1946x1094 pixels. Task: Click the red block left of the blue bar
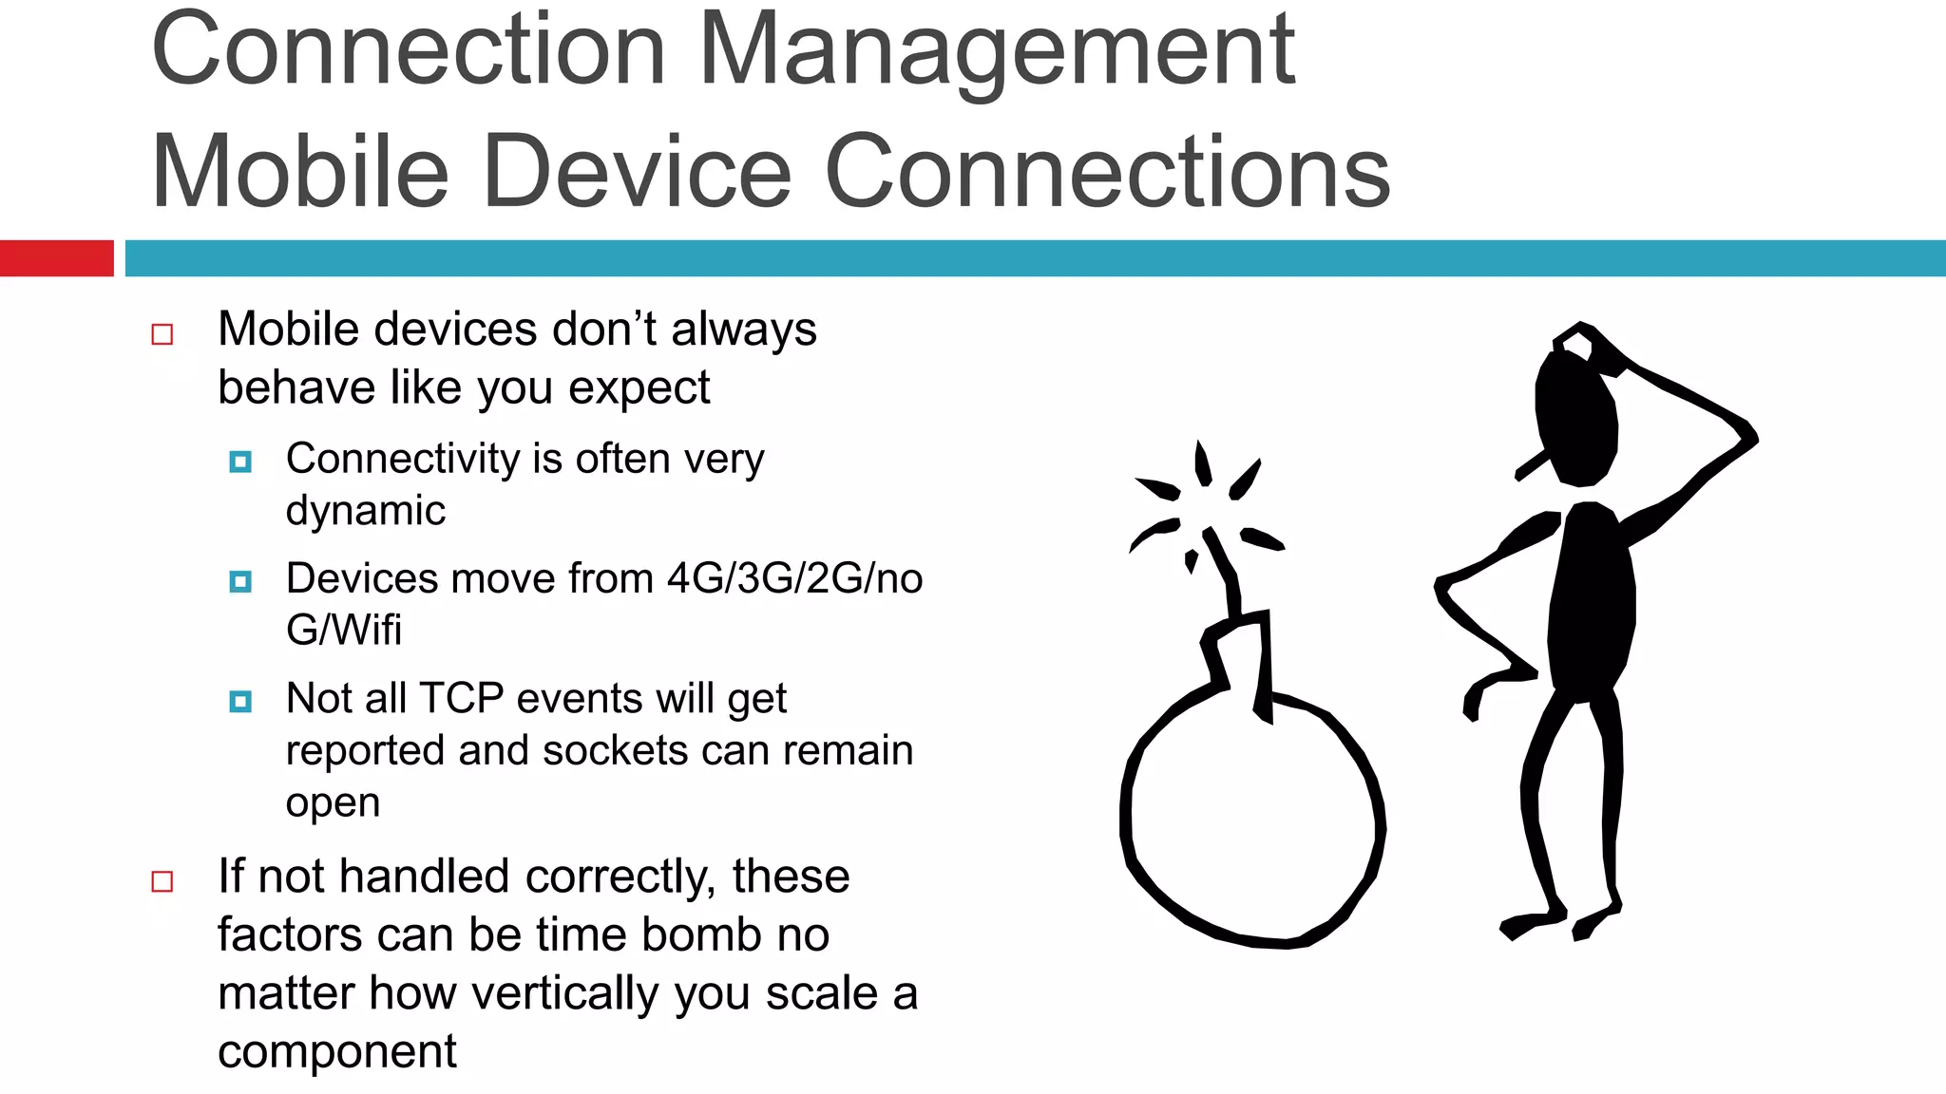56,258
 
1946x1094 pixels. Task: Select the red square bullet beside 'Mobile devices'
162,334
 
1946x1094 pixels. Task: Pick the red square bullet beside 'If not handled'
162,881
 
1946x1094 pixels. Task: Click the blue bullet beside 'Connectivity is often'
240,462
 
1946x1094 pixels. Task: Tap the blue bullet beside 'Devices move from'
240,581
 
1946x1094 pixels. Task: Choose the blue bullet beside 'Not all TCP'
240,702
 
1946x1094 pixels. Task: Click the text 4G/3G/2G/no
794,578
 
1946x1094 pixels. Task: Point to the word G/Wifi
344,630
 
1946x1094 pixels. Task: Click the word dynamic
366,511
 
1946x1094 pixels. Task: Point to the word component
337,1051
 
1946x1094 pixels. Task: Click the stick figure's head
1577,418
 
